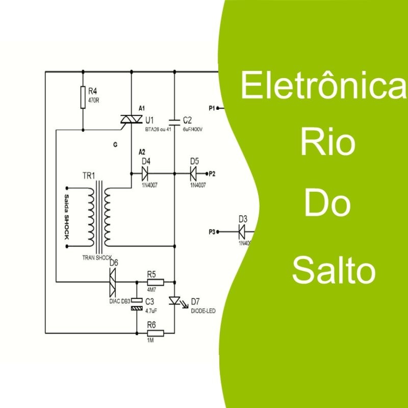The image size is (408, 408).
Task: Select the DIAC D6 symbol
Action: coord(112,282)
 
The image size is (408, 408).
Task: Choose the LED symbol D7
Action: coord(174,301)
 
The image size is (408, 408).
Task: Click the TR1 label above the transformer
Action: coord(88,176)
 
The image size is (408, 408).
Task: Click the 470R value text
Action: coord(93,100)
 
